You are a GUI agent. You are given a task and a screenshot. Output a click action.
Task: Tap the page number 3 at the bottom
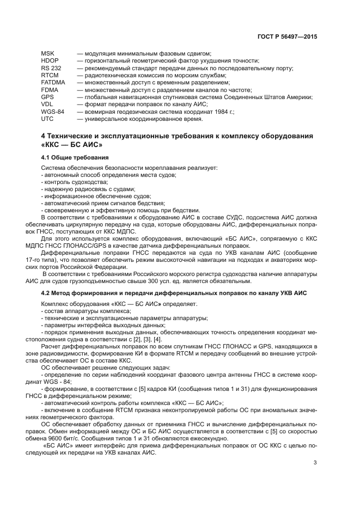[x=315, y=463]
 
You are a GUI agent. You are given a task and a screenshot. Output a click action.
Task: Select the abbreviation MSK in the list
[x=47, y=53]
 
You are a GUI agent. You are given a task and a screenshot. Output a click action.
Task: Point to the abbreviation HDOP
[x=50, y=60]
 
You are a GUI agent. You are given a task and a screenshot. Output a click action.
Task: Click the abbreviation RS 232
[x=50, y=68]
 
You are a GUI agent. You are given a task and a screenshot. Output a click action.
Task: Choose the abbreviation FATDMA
[x=53, y=82]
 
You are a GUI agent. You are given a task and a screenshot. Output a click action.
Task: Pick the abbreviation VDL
[x=47, y=104]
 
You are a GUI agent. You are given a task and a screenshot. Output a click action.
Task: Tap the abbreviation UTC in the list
[x=47, y=118]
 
